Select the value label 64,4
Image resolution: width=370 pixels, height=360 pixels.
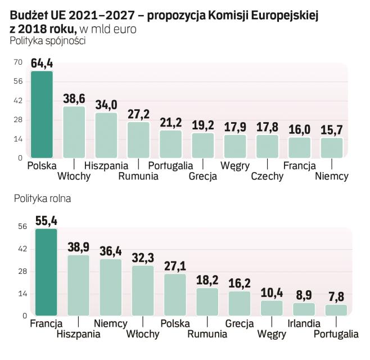42,62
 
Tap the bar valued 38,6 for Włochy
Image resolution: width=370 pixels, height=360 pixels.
74,132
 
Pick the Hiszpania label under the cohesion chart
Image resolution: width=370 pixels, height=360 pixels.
106,165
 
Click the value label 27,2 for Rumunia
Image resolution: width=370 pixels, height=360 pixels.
138,114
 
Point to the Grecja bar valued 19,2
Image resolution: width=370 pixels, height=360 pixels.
203,145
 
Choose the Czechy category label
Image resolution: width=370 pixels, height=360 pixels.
267,176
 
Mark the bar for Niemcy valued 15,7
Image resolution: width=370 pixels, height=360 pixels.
332,147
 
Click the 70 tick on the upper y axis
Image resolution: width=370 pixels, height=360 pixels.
17,62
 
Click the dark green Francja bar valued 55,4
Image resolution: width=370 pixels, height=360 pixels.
46,272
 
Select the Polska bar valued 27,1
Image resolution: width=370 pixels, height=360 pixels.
175,294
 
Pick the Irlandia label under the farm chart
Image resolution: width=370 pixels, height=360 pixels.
304,323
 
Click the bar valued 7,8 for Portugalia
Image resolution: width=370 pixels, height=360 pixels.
336,310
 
